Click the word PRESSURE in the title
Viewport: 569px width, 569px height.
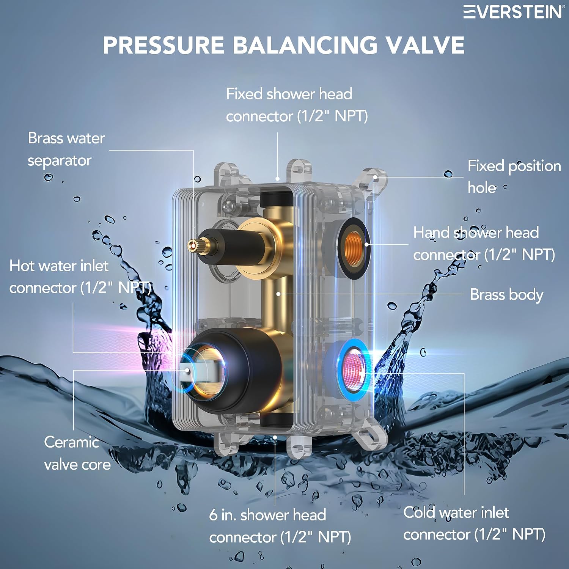pyautogui.click(x=163, y=45)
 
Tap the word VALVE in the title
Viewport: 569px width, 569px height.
pyautogui.click(x=425, y=45)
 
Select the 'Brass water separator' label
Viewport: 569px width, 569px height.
pyautogui.click(x=66, y=149)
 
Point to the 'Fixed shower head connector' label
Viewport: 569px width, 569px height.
pyautogui.click(x=297, y=105)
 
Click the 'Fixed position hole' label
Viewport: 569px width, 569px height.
pyautogui.click(x=514, y=176)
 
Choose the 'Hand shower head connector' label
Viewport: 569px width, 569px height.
pyautogui.click(x=484, y=243)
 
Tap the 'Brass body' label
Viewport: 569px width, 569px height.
pyautogui.click(x=506, y=295)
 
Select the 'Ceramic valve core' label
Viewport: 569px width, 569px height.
pyautogui.click(x=77, y=453)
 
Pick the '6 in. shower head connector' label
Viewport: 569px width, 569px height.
pyautogui.click(x=280, y=526)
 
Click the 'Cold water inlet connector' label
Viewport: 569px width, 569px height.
pyautogui.click(x=474, y=523)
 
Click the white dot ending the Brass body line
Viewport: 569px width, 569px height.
pyautogui.click(x=278, y=294)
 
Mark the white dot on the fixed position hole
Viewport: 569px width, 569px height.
pyautogui.click(x=375, y=177)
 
